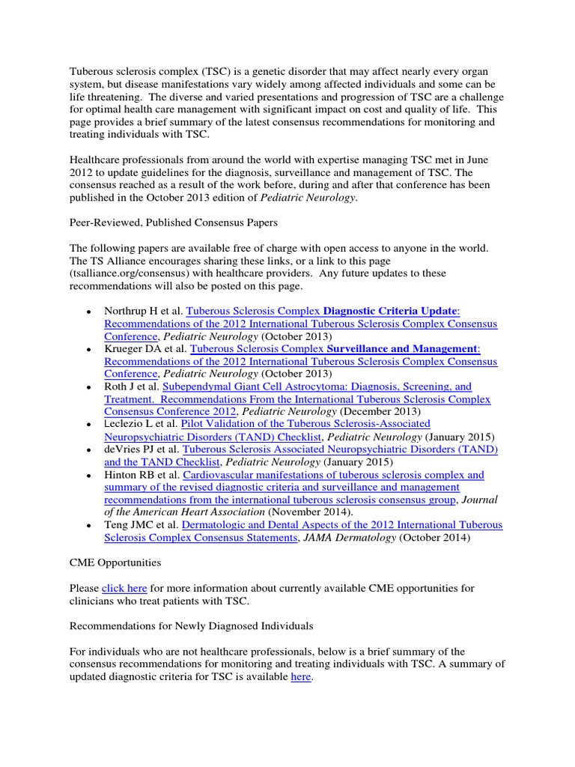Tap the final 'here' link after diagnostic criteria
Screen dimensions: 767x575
(299, 677)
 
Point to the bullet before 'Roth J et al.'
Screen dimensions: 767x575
(88, 387)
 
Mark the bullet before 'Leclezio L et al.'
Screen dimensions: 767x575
(88, 425)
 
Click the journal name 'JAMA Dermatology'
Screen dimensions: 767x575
(335, 537)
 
